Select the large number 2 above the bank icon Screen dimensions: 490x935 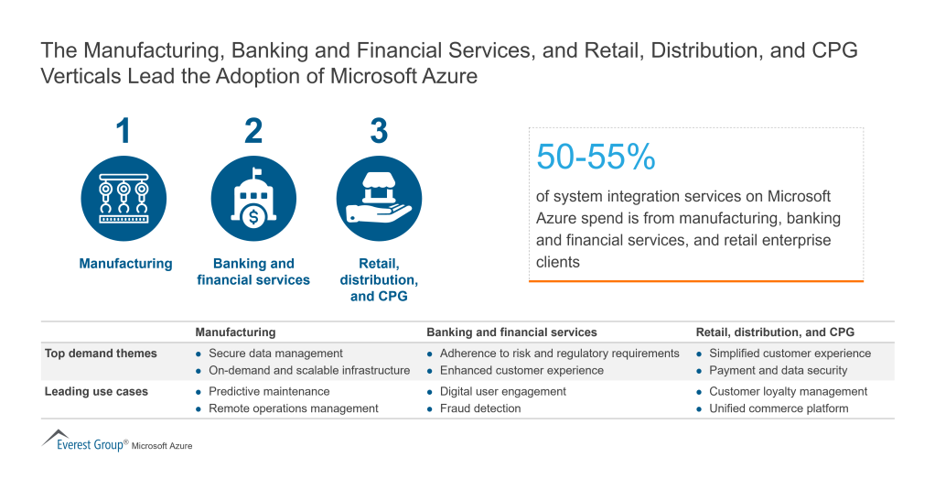point(253,132)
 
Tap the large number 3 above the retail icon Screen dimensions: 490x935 point(379,132)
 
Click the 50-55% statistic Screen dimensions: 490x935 point(596,158)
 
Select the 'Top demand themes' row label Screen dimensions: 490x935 point(101,354)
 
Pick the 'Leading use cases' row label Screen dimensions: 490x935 point(96,391)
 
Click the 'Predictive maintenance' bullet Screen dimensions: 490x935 point(269,391)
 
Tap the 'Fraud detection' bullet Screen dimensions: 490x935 point(480,408)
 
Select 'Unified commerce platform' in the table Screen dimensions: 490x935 point(779,408)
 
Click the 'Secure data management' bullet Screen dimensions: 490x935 point(275,354)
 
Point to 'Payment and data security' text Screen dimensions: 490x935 point(778,371)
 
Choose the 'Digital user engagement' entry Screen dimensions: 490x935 point(502,391)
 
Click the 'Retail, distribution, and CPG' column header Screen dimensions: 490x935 point(775,332)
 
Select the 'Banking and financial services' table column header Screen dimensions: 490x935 point(511,332)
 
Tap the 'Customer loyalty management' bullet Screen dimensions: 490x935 point(788,391)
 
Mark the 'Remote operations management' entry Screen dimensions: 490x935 point(293,408)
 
